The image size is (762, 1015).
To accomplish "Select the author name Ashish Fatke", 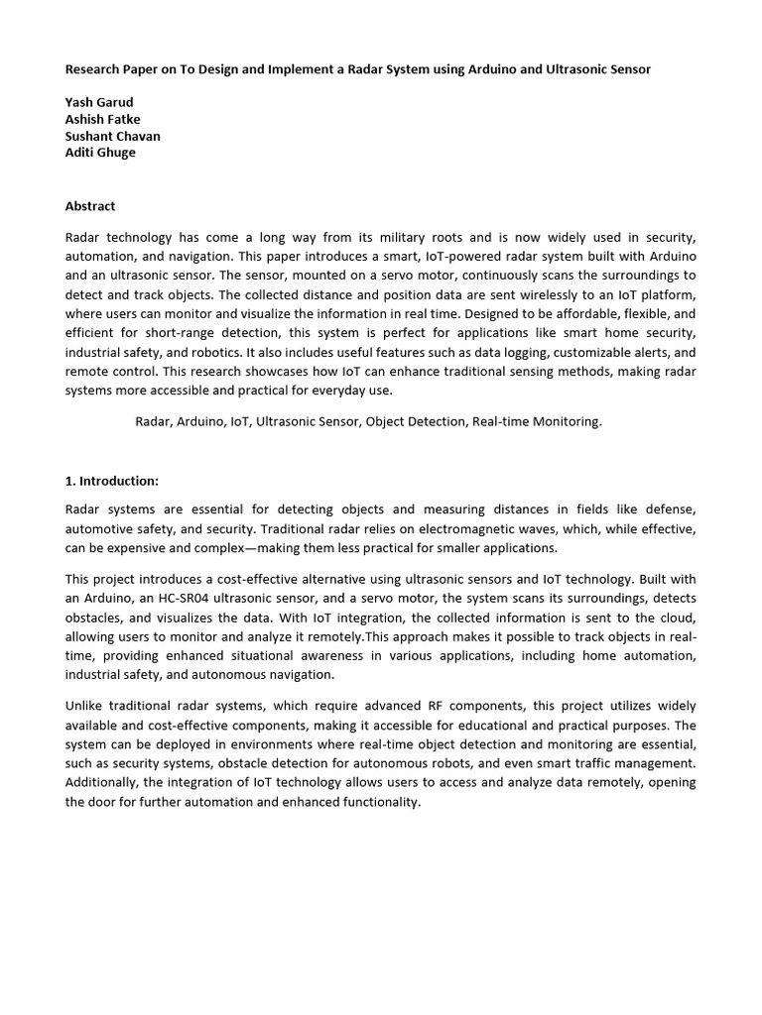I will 103,120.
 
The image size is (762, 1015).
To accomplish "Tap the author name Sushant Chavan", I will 112,136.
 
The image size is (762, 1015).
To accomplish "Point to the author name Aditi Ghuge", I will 100,153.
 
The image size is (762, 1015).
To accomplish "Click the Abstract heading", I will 90,206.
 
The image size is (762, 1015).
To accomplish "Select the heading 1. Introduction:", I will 112,481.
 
